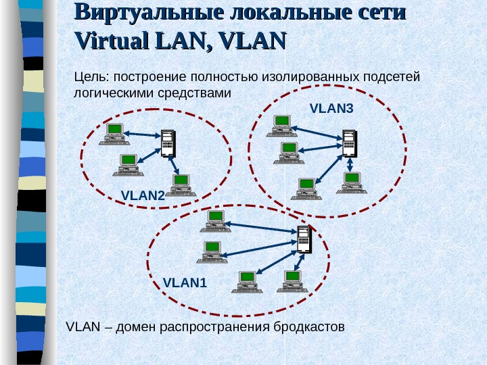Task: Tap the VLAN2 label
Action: pyautogui.click(x=143, y=195)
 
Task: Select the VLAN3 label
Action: pyautogui.click(x=331, y=107)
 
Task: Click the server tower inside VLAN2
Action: pyautogui.click(x=167, y=143)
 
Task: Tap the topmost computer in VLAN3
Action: pyautogui.click(x=281, y=126)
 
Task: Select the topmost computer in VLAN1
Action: pyautogui.click(x=215, y=220)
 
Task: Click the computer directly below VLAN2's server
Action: pyautogui.click(x=181, y=185)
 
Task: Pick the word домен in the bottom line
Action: pyautogui.click(x=136, y=327)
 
